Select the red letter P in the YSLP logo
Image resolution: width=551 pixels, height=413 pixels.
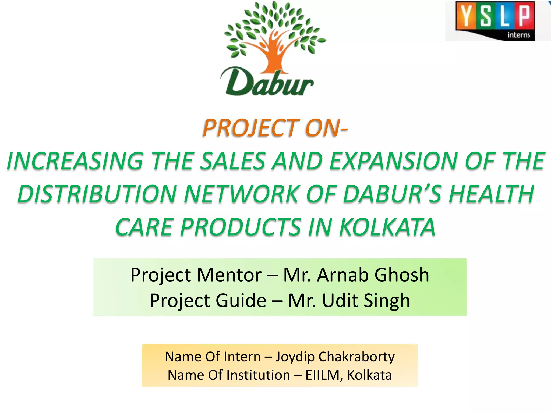524,16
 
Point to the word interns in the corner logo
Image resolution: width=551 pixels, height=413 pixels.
518,35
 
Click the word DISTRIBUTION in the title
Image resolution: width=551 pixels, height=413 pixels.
97,194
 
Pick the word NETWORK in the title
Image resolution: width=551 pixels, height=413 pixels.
241,194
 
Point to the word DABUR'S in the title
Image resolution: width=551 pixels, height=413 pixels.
393,194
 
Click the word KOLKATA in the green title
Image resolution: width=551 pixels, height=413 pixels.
387,227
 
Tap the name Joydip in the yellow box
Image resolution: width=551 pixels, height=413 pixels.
295,357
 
